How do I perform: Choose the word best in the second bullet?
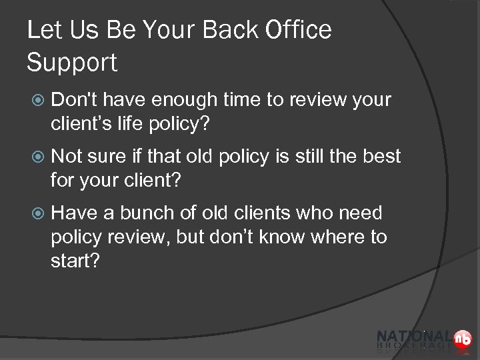(x=380, y=157)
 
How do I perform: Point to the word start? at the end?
(x=75, y=261)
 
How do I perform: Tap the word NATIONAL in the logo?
(x=414, y=336)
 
